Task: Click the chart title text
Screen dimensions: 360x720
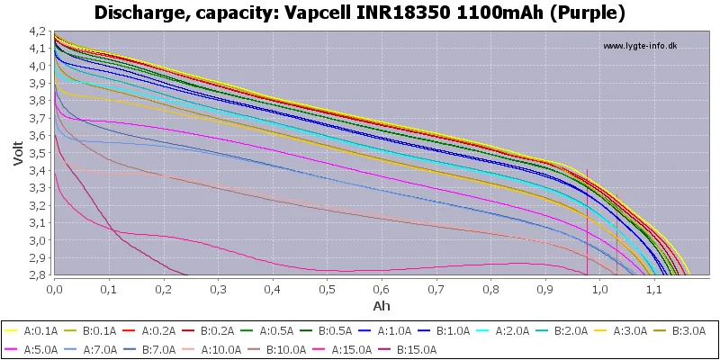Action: pyautogui.click(x=360, y=13)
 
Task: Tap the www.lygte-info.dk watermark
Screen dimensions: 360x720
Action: pyautogui.click(x=639, y=46)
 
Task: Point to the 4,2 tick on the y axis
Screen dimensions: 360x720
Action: pyautogui.click(x=38, y=31)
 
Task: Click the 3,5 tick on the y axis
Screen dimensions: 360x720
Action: pyautogui.click(x=38, y=153)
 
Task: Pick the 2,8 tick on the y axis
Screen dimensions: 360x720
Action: pyautogui.click(x=38, y=275)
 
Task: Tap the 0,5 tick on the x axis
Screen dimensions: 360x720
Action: pyautogui.click(x=327, y=290)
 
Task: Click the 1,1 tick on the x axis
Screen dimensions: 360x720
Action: pyautogui.click(x=654, y=290)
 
